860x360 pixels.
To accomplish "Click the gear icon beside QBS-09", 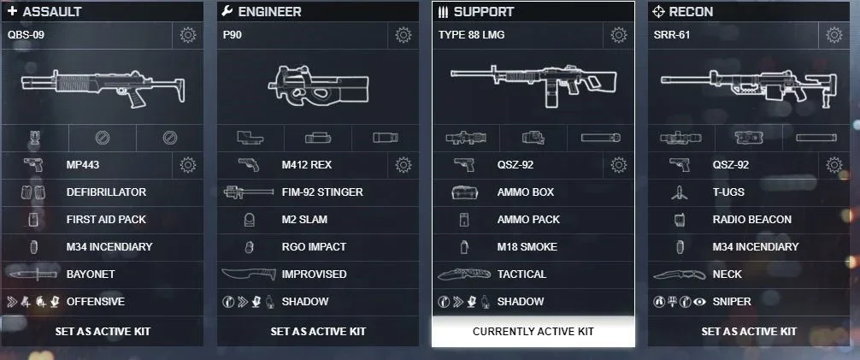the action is coord(187,36).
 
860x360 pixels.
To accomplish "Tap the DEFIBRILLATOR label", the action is coord(106,192).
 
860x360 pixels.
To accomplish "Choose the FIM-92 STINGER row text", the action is coord(322,192).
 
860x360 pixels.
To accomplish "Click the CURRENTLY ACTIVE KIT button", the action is coord(533,332).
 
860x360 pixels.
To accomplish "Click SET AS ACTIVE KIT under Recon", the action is coord(749,332).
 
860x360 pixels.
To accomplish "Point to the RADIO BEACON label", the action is coord(752,220).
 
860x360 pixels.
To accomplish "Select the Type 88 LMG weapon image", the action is coord(533,85).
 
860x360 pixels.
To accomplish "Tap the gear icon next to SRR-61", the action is coord(834,36).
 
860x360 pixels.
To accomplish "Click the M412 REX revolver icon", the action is coord(249,165).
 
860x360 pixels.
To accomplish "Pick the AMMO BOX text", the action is coord(526,192).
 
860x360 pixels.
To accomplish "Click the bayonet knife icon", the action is coord(32,274).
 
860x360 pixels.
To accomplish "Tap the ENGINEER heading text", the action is coord(270,11).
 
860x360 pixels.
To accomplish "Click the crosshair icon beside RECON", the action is coord(658,11).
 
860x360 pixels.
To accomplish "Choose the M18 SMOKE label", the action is coord(527,247).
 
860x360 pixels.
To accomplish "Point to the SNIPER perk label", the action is coord(732,301).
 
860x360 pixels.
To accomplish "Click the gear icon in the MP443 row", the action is coord(187,165).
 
